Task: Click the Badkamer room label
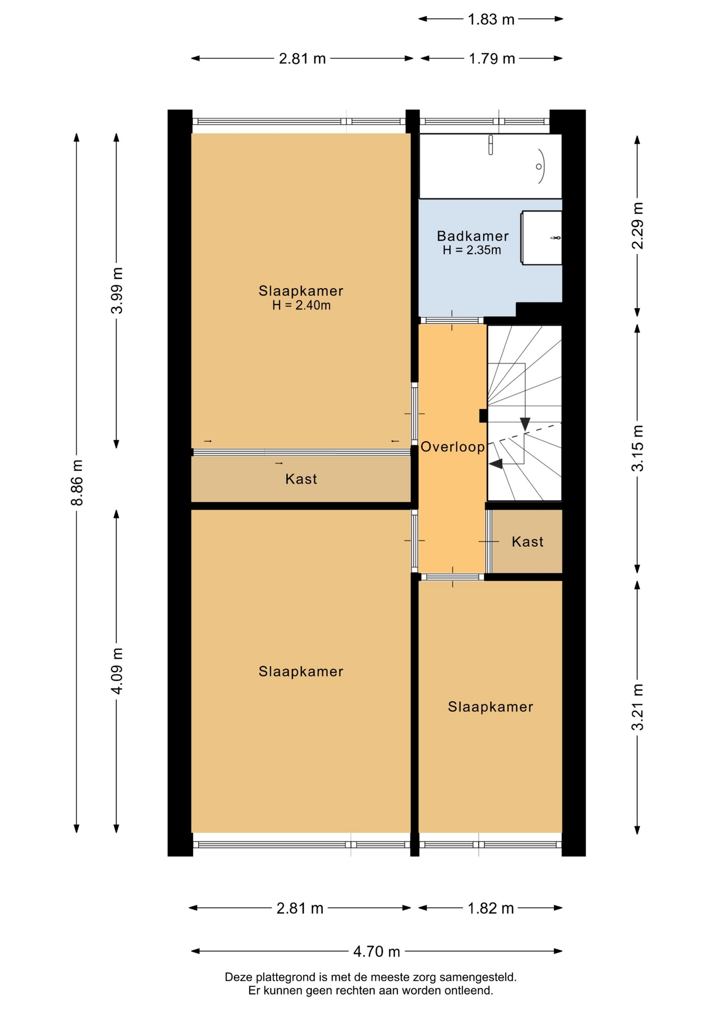click(473, 236)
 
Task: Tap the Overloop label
click(453, 447)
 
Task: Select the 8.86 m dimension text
click(77, 482)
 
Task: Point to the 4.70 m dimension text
click(376, 951)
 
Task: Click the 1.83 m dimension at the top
click(491, 19)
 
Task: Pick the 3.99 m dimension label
click(117, 290)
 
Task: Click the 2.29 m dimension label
click(637, 225)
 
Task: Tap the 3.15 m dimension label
click(637, 448)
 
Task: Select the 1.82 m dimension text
click(491, 908)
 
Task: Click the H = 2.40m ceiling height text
click(301, 306)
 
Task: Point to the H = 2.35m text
click(472, 250)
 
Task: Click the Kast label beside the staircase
click(527, 542)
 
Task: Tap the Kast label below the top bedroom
click(301, 479)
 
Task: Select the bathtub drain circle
click(539, 167)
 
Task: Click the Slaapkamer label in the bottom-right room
click(491, 706)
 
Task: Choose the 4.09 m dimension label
click(117, 671)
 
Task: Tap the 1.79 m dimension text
click(492, 58)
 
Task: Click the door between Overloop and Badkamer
click(452, 320)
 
